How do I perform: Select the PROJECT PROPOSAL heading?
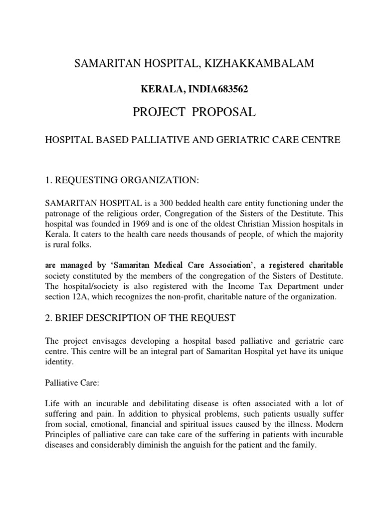(x=194, y=112)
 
